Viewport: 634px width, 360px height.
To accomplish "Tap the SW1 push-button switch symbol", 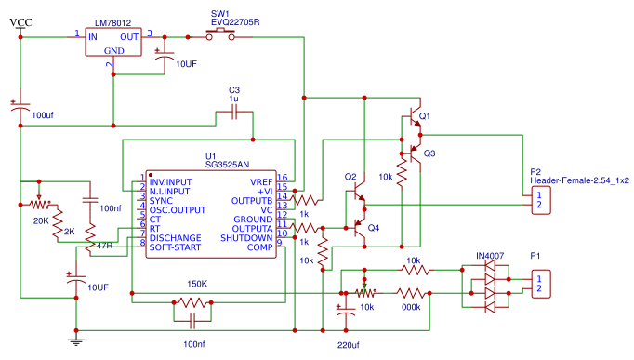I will pos(221,35).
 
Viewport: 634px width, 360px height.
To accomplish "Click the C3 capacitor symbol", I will pos(233,113).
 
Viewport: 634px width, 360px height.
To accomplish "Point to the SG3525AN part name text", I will pos(227,164).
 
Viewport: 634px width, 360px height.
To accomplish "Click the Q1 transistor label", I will pos(425,116).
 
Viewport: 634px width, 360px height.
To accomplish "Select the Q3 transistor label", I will pos(429,153).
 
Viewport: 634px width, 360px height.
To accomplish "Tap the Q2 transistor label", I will pos(350,177).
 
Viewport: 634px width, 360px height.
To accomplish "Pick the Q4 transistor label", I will pos(374,228).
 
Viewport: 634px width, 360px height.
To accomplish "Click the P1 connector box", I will pos(539,283).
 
